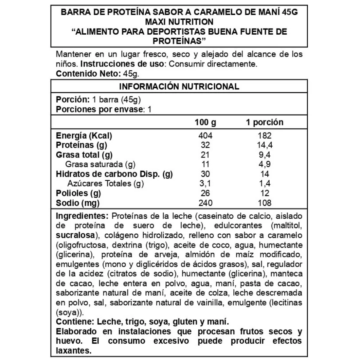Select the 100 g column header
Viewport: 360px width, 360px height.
(205, 122)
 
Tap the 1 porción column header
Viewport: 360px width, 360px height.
(264, 122)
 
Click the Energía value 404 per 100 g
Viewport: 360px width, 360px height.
(206, 136)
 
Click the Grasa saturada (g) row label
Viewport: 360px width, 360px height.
(100, 164)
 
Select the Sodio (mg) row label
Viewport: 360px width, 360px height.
(78, 203)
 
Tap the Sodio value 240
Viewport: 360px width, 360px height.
(206, 203)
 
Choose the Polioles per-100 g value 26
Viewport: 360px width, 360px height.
(206, 193)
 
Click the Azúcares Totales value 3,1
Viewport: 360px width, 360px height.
(206, 184)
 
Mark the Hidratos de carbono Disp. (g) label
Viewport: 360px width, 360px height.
(114, 174)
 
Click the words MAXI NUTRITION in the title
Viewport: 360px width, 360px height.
(179, 23)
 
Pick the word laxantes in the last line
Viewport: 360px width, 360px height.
(73, 351)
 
